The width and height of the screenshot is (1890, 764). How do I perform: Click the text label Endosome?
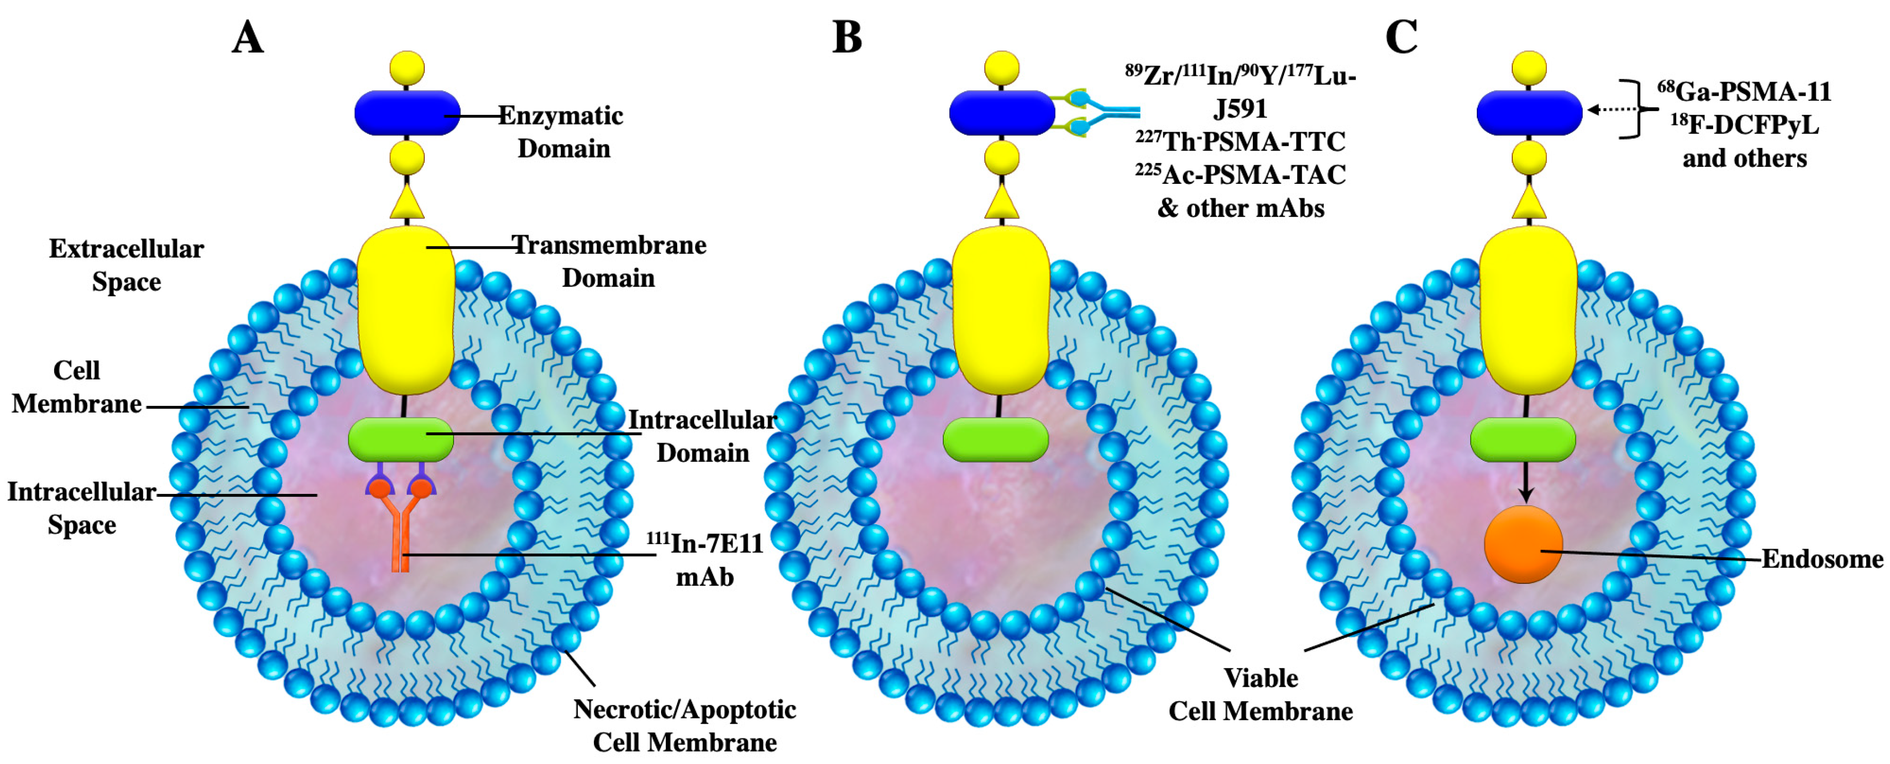tap(1822, 559)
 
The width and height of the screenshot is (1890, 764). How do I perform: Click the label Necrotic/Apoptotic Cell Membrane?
tap(684, 725)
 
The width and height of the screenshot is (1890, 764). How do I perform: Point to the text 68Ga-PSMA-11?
tap(1744, 92)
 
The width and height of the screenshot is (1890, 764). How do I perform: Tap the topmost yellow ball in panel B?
tap(1001, 68)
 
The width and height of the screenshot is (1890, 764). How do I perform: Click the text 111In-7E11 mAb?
tap(704, 560)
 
